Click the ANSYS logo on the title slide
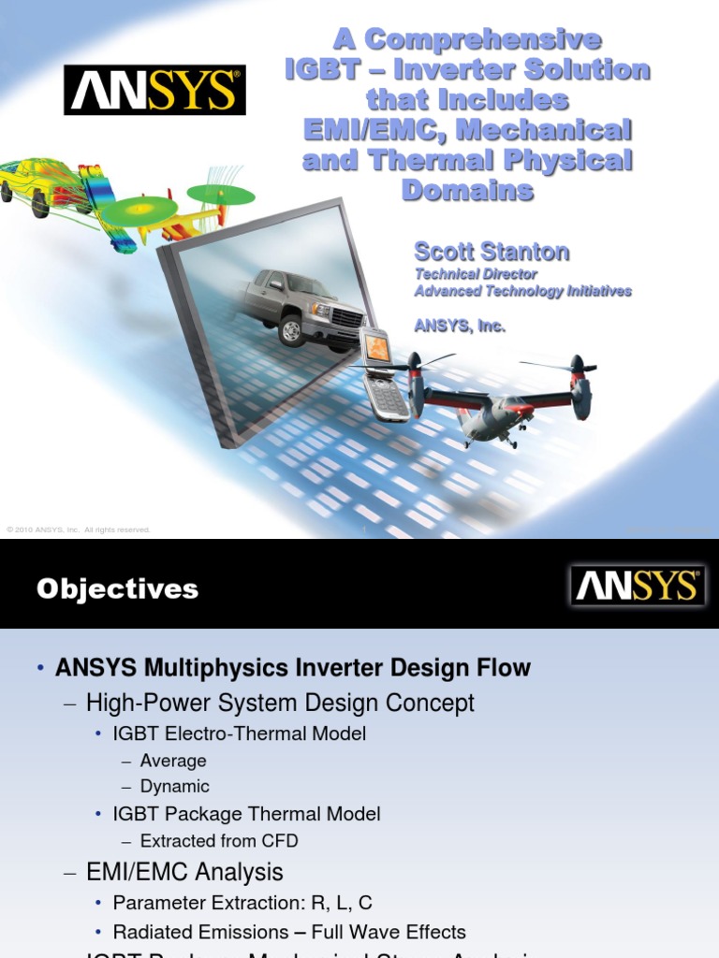(154, 90)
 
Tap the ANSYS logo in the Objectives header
(638, 586)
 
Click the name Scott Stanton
(492, 252)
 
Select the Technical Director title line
(476, 274)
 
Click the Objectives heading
(117, 588)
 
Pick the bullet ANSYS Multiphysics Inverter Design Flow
(292, 668)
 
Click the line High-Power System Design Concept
(280, 703)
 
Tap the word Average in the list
(173, 761)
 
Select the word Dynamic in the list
(174, 786)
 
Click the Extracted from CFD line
(219, 840)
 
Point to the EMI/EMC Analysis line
(184, 872)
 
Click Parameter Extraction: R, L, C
(242, 903)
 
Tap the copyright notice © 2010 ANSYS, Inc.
(79, 530)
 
